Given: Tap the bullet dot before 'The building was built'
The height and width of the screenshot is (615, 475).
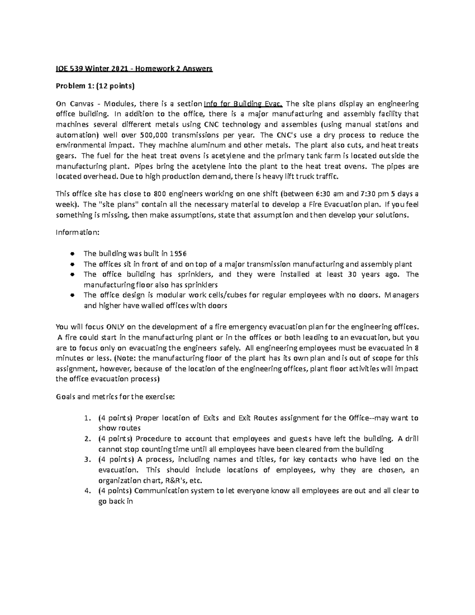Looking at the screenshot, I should [72, 253].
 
